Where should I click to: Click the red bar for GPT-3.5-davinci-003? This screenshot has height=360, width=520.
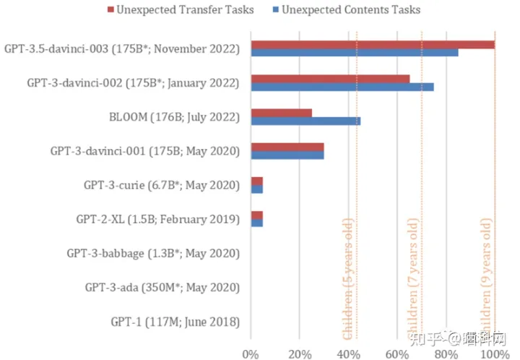(x=372, y=45)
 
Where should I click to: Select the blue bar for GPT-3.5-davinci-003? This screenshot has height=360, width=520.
(x=354, y=53)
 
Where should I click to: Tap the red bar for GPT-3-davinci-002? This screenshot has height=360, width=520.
(x=329, y=79)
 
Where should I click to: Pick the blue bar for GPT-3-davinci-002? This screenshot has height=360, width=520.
(x=342, y=87)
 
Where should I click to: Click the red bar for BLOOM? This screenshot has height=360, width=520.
(x=281, y=113)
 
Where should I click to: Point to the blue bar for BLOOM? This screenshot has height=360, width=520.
(x=305, y=121)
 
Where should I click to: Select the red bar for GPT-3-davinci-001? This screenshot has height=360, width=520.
(x=287, y=147)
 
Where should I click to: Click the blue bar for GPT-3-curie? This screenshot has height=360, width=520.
(x=256, y=189)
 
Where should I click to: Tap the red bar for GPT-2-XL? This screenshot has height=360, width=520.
(x=256, y=215)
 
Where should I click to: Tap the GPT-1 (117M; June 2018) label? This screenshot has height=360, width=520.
(x=175, y=322)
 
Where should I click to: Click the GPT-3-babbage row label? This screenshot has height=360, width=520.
(x=152, y=253)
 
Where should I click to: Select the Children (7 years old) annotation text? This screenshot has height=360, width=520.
(x=414, y=276)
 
